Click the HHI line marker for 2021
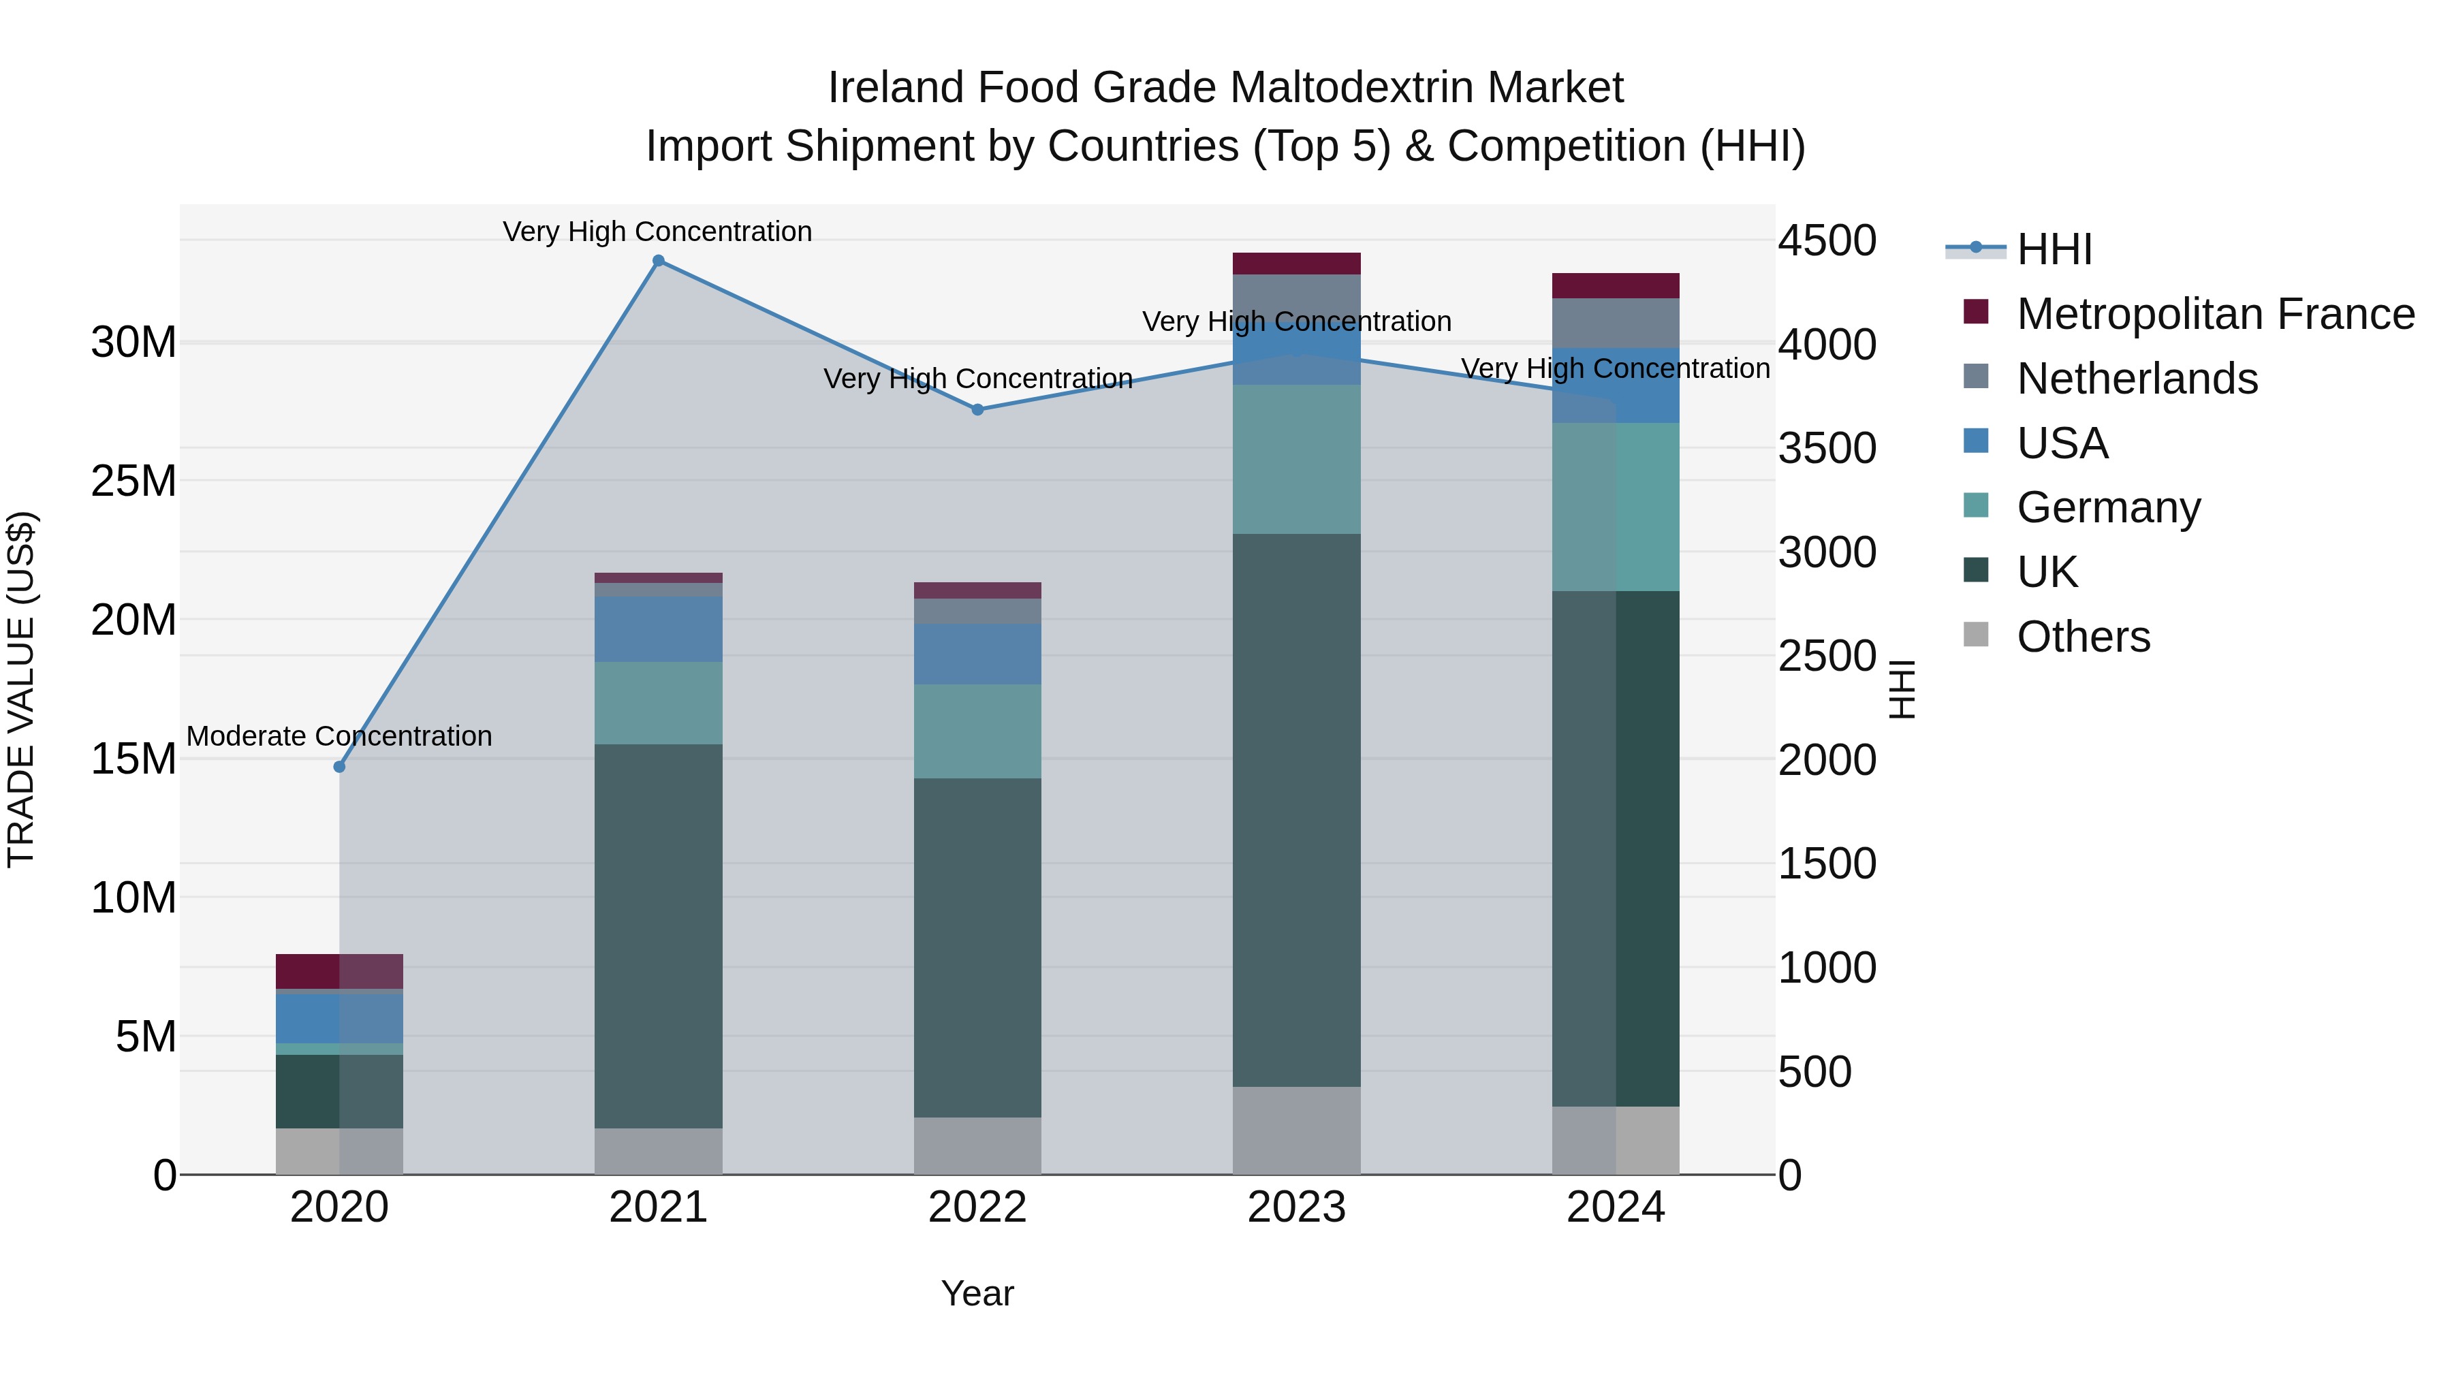[x=658, y=261]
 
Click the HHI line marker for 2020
[x=339, y=766]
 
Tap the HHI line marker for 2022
[x=977, y=409]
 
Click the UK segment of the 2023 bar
[x=1296, y=809]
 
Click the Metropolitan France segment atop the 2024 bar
[x=1616, y=285]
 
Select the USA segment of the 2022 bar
[x=977, y=654]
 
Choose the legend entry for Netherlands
[x=2137, y=379]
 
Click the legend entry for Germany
[x=2108, y=507]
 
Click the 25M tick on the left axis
[x=133, y=481]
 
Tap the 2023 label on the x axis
[x=1296, y=1207]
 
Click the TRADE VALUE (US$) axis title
[x=21, y=689]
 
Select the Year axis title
[x=977, y=1293]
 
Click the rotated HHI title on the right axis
[x=1901, y=689]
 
